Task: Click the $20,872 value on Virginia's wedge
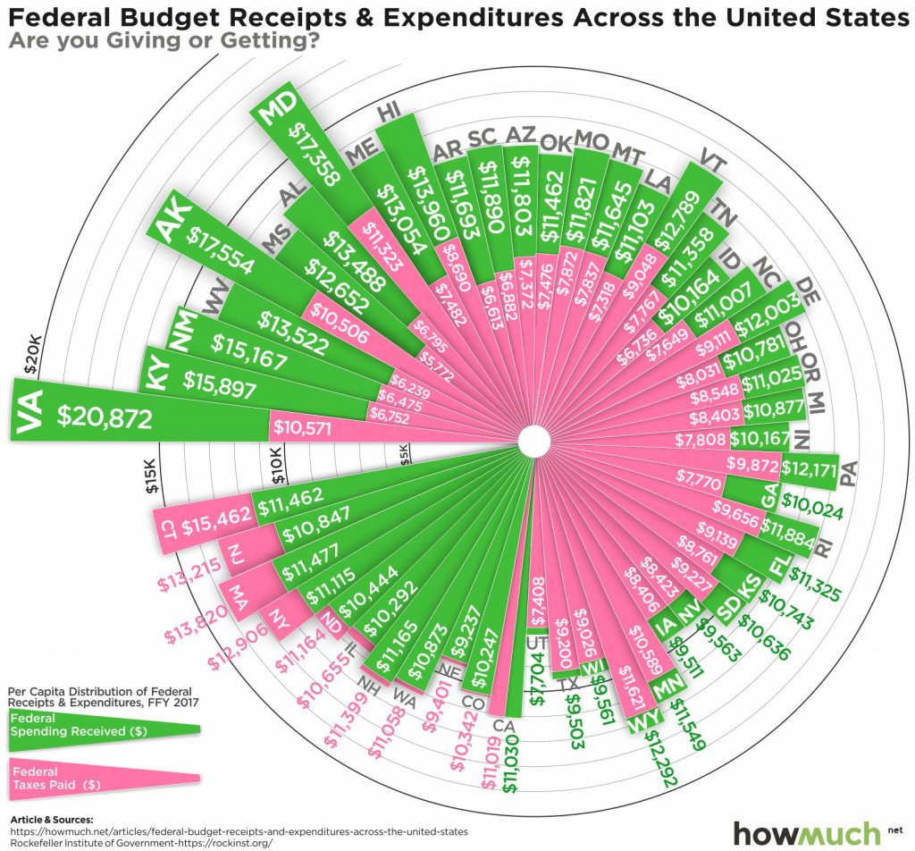[105, 417]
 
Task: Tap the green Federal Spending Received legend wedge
[103, 725]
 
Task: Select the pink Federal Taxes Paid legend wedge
[103, 778]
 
